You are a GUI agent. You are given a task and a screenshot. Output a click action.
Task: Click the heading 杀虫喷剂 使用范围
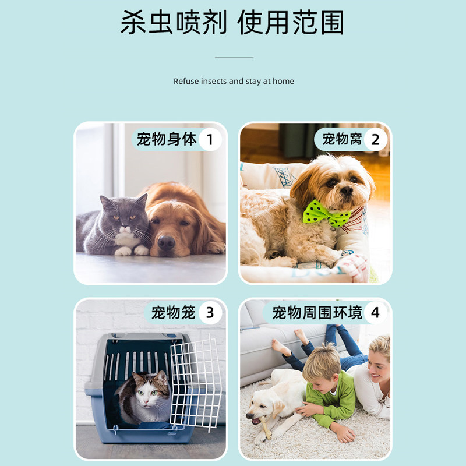click(232, 22)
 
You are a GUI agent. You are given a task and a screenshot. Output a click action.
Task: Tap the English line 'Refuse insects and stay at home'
click(234, 81)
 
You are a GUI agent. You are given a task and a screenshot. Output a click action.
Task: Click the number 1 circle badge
click(210, 139)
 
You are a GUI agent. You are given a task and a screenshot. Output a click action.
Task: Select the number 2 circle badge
click(375, 139)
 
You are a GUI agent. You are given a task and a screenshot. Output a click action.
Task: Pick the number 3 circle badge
click(210, 313)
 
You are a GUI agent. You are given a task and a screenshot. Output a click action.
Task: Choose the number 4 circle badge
click(375, 313)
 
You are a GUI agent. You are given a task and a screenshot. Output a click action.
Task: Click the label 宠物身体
click(167, 139)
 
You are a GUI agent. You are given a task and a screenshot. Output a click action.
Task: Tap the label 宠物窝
click(342, 139)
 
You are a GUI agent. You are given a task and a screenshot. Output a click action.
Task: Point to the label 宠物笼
click(173, 313)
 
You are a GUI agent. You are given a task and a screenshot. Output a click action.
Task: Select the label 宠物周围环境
click(317, 313)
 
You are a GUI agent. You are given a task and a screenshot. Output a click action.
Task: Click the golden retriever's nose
click(166, 242)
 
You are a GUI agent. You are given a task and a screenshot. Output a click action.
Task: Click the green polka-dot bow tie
click(325, 213)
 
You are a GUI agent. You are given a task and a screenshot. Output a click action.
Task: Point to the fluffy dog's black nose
click(347, 190)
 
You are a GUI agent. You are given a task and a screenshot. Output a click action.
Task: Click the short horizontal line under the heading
click(234, 57)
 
